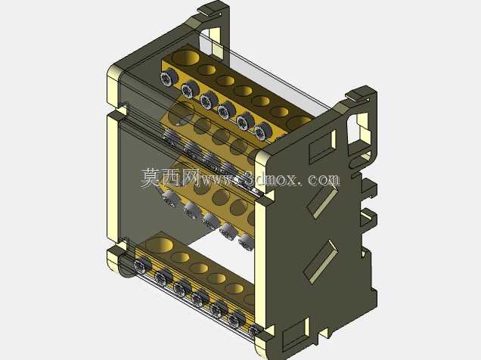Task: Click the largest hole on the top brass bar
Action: tap(185, 57)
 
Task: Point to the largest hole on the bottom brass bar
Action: tap(159, 245)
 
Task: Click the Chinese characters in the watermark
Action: tap(170, 178)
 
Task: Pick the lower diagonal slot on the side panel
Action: tap(321, 262)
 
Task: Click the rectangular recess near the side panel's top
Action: tap(323, 147)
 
